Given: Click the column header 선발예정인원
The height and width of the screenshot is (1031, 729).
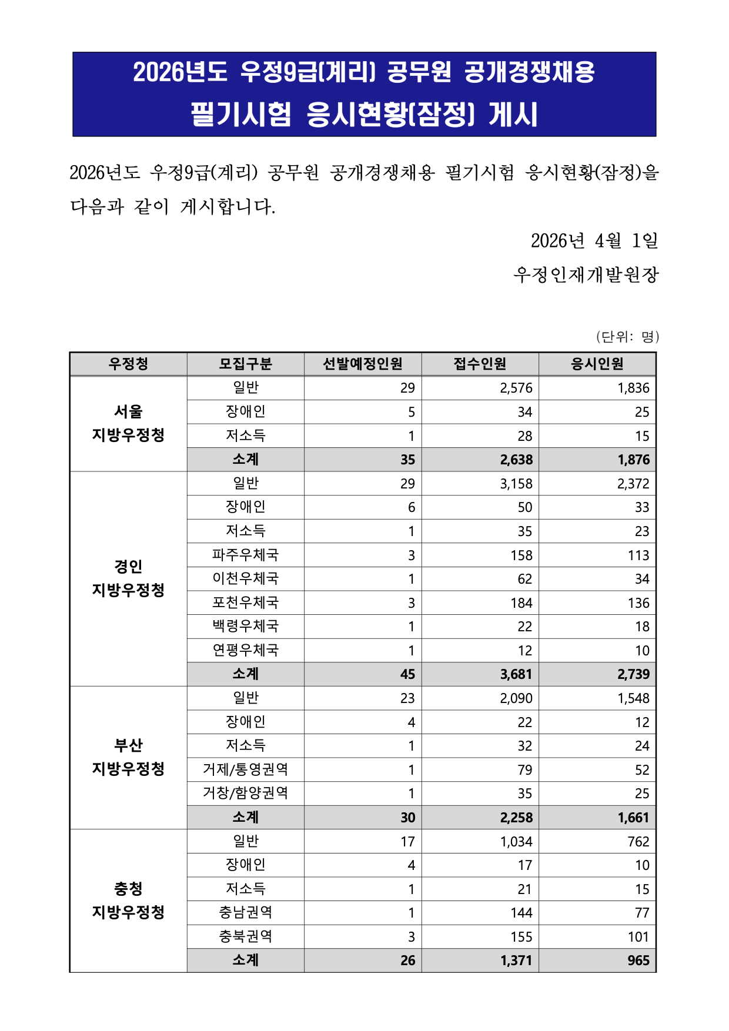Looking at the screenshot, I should (363, 364).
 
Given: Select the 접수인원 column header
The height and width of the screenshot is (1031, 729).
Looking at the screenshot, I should (480, 364).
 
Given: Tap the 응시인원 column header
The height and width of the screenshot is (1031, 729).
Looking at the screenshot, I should (597, 364).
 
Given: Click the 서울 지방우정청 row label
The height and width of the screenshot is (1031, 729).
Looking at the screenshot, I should (128, 423).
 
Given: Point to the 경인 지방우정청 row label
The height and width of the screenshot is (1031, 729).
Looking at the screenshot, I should (128, 578).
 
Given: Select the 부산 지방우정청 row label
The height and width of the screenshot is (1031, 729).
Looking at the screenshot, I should (128, 757).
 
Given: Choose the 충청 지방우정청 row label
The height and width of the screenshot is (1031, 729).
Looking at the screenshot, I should (128, 901).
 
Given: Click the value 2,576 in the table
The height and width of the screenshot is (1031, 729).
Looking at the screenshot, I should (516, 388).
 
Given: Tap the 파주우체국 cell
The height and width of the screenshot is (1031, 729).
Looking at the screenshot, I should (245, 555).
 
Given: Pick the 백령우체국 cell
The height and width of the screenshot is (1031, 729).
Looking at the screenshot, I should (245, 627).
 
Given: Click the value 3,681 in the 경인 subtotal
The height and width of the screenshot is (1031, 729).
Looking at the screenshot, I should (516, 674).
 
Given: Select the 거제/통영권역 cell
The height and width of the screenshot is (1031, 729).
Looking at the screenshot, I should (245, 769).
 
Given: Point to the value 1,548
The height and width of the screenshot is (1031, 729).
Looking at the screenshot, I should (633, 698).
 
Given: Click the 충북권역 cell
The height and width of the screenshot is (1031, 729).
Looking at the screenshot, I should (245, 936).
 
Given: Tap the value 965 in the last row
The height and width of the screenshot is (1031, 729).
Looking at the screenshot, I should (638, 960).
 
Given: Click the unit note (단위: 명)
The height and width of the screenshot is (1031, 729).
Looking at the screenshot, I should (627, 337).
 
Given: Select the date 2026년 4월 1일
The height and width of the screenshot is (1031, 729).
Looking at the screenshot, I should (594, 240).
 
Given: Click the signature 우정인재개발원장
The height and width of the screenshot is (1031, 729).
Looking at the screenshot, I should (586, 275).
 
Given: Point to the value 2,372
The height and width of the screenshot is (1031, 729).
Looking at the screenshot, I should (633, 484).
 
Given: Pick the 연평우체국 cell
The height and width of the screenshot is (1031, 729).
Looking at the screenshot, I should (245, 650).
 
